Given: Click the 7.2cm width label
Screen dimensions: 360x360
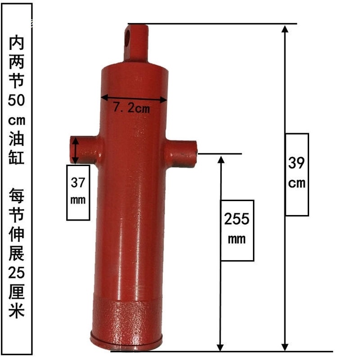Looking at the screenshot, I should [x=131, y=108].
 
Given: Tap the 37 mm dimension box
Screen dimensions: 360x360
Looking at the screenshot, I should [x=78, y=192].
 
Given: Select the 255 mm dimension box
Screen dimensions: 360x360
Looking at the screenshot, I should [x=237, y=230].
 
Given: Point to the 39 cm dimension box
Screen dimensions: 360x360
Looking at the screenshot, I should [x=297, y=174].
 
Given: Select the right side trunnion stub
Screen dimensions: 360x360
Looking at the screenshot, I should [x=182, y=153].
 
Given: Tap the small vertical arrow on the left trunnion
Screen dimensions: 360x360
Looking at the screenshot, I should [x=76, y=150].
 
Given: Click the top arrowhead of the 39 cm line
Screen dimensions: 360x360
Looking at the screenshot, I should [x=284, y=29].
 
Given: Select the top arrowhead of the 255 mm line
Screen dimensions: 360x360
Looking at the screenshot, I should [x=220, y=160].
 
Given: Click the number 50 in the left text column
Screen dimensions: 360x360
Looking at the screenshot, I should [x=17, y=100].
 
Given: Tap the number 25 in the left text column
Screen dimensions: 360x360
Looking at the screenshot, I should [x=17, y=272].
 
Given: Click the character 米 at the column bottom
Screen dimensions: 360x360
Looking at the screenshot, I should [x=17, y=310].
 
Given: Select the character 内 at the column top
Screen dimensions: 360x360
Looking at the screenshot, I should [x=17, y=44].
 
